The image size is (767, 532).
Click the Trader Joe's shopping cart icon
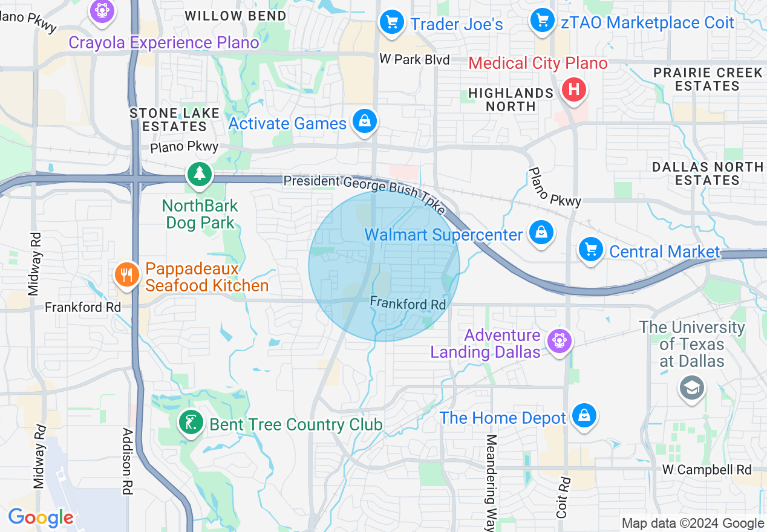tap(391, 23)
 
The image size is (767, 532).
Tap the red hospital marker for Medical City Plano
tap(573, 90)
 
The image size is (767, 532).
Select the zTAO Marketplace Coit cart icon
tap(542, 21)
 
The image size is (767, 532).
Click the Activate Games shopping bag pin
tap(365, 121)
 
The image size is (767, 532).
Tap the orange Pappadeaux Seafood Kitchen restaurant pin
tap(126, 275)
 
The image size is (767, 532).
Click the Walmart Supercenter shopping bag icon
tap(541, 232)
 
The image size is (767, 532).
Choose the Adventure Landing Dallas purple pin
tap(559, 341)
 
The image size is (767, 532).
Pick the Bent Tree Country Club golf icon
tap(191, 421)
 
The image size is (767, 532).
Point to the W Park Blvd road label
tap(414, 59)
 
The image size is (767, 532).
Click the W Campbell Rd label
tap(707, 470)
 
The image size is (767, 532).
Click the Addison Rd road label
tap(127, 462)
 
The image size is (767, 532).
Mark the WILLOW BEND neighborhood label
tap(235, 16)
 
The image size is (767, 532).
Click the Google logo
tap(41, 517)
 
